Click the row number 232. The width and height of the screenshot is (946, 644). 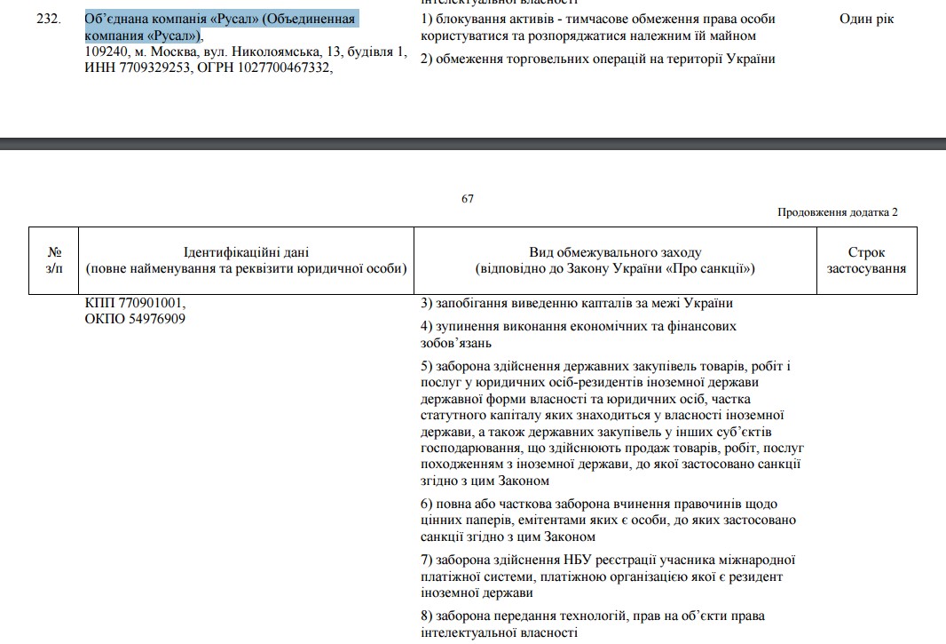point(48,19)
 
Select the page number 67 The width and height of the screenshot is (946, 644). point(468,198)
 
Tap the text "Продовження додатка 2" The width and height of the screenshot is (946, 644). point(838,212)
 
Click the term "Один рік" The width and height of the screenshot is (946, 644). point(866,19)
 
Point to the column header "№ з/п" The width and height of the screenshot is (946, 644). point(55,260)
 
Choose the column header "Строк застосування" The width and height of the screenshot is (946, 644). point(866,260)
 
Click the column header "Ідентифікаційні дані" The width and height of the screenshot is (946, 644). point(247,253)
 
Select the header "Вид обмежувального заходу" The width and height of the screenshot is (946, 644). point(615,253)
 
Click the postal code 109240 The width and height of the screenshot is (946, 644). point(104,52)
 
